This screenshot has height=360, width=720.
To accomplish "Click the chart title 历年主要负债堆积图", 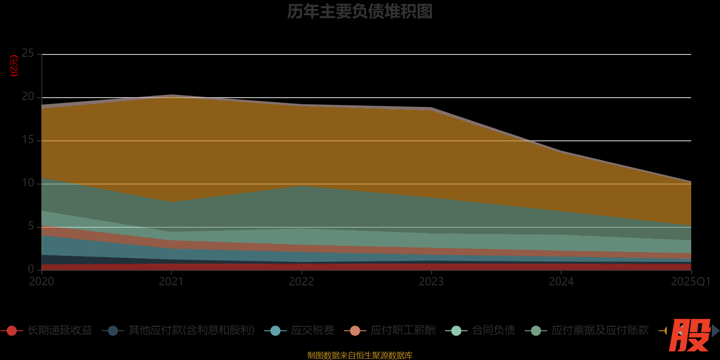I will tap(360, 12).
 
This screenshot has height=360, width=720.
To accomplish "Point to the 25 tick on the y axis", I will tap(28, 54).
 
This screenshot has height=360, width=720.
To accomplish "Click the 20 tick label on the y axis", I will tap(28, 97).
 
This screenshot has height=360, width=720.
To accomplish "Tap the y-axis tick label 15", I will tap(28, 140).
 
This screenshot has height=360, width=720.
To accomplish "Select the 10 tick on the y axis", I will tap(28, 183).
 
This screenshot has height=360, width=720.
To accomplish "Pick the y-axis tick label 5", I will tap(31, 226).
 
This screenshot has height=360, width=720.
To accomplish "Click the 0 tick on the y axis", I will tap(31, 269).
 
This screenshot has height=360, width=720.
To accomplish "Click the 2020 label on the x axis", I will tap(41, 282).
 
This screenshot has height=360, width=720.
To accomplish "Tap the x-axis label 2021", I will tap(171, 282).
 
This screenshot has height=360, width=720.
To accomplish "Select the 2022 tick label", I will tap(301, 282).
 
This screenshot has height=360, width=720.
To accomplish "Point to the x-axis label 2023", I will tap(431, 282).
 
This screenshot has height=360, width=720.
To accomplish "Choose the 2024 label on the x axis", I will tap(561, 282).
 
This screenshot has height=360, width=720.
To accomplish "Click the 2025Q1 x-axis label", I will tap(690, 282).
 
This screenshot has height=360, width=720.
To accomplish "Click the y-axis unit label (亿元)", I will tap(14, 66).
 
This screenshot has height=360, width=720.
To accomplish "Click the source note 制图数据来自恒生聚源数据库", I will tap(360, 355).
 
